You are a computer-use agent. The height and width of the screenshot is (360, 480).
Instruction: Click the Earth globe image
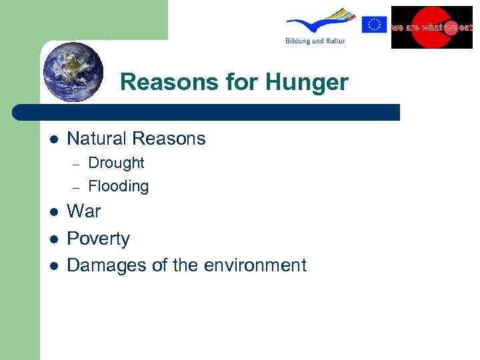tap(73, 71)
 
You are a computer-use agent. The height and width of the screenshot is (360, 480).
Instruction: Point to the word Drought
tap(116, 163)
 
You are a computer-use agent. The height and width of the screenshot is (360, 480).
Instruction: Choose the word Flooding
tap(118, 186)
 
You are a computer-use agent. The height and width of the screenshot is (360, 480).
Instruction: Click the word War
tap(84, 211)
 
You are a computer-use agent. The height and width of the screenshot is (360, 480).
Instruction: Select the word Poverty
tap(99, 239)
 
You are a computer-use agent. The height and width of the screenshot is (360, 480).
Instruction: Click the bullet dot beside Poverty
tap(53, 239)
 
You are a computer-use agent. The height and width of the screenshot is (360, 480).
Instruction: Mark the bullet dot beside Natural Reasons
tap(53, 139)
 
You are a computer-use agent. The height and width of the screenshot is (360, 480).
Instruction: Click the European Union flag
tap(374, 25)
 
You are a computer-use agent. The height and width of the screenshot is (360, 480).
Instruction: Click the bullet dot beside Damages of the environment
tap(53, 266)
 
